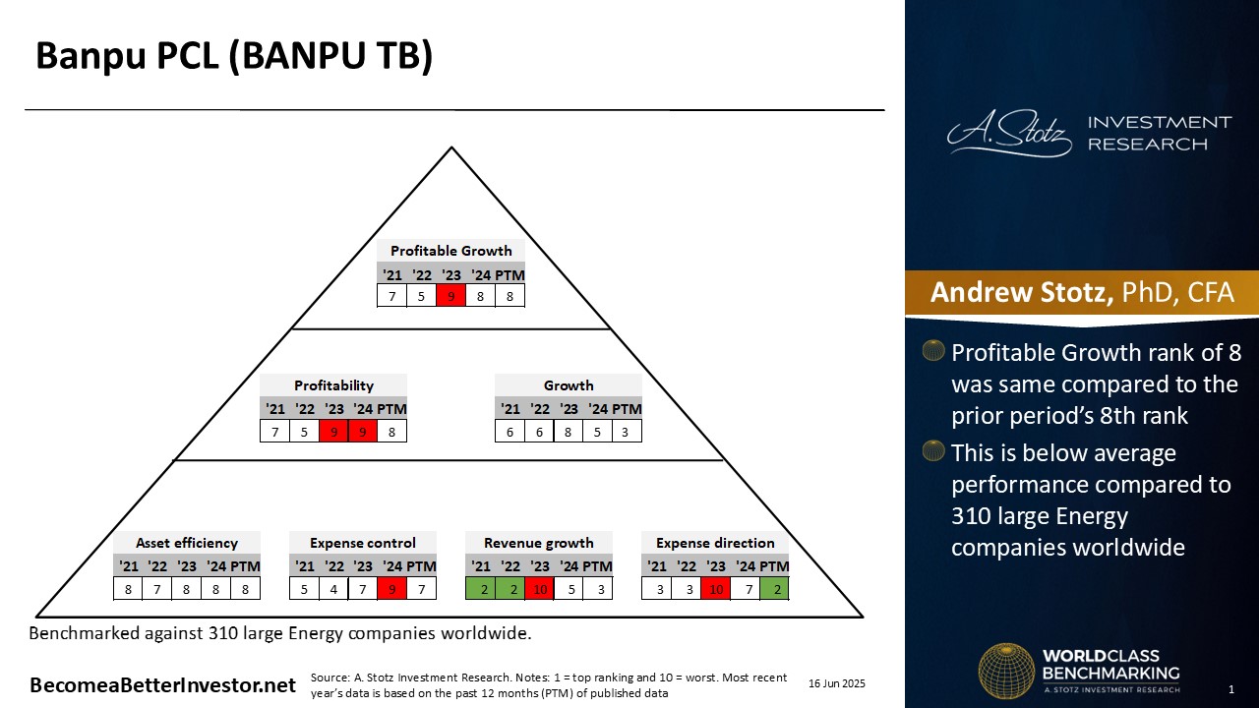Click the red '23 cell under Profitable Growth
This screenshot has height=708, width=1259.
tap(450, 296)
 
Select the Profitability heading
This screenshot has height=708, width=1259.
tap(333, 385)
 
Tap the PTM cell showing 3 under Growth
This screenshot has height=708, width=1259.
tap(626, 432)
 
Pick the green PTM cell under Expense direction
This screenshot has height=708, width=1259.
tap(774, 589)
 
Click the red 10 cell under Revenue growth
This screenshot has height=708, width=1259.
tap(540, 589)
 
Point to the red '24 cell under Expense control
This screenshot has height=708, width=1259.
tap(391, 589)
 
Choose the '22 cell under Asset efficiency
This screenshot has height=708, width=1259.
tap(157, 589)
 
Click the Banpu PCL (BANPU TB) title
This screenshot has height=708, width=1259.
tap(234, 56)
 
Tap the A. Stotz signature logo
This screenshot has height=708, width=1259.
tap(1009, 133)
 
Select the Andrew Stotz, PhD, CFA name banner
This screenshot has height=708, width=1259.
tap(1082, 293)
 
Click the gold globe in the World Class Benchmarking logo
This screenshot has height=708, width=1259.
tap(1006, 671)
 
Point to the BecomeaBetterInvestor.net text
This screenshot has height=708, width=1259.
tap(163, 685)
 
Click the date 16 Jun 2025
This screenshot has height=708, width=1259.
tap(837, 683)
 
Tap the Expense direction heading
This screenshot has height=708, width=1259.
tap(715, 543)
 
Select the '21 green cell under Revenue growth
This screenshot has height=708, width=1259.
tap(481, 589)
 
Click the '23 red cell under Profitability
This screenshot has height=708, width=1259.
tap(333, 432)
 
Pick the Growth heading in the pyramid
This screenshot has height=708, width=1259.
tap(569, 385)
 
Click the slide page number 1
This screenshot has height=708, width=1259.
tap(1231, 689)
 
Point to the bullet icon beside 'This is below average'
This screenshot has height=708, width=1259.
tap(933, 450)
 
